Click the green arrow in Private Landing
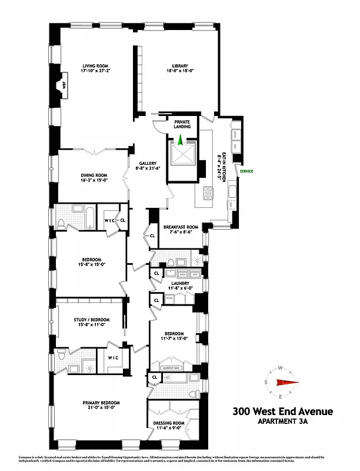pyautogui.click(x=180, y=140)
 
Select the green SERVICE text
pyautogui.click(x=246, y=171)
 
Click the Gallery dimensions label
pyautogui.click(x=148, y=169)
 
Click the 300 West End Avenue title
pyautogui.click(x=282, y=412)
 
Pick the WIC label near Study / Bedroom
pyautogui.click(x=113, y=357)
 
